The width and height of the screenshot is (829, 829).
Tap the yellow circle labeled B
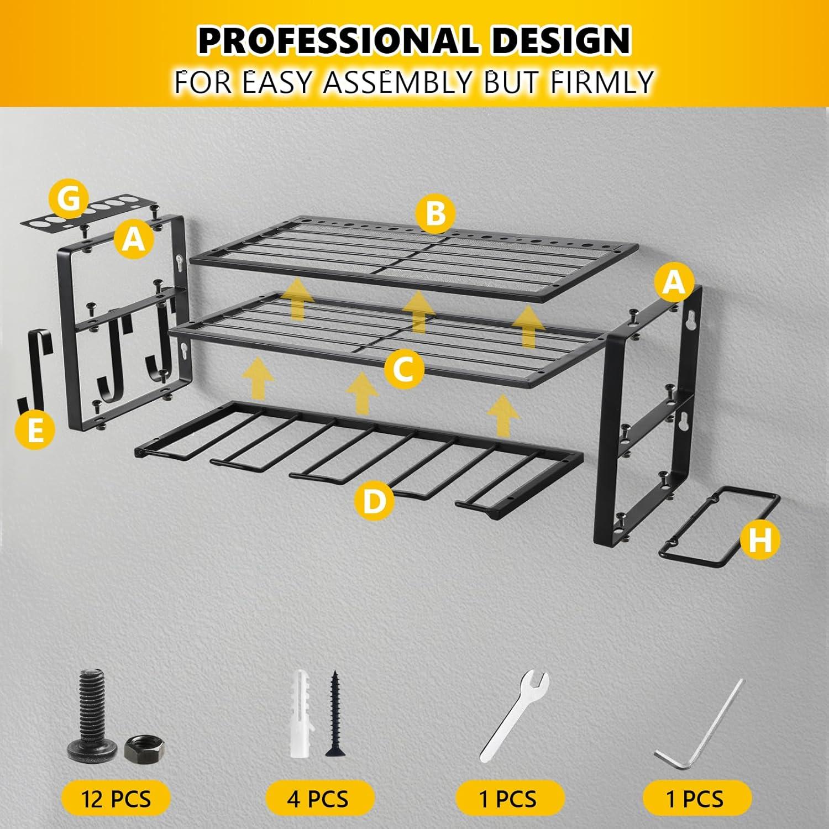[x=436, y=213]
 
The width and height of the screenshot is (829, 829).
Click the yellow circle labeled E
[x=35, y=429]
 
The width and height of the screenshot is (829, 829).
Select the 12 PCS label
[x=116, y=799]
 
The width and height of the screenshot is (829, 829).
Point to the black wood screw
[x=334, y=713]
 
